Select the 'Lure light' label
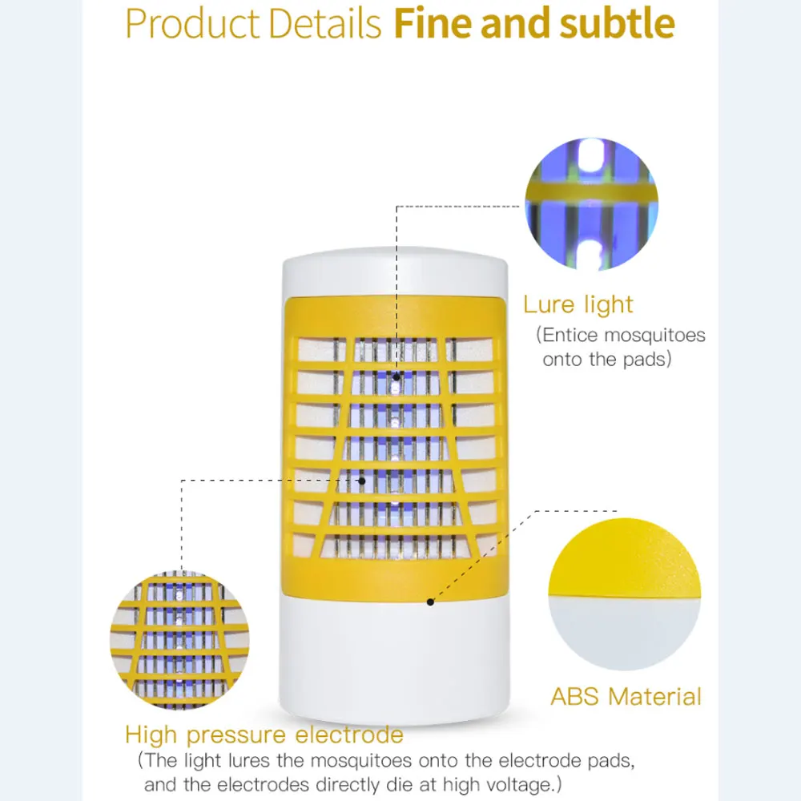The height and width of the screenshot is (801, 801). (578, 304)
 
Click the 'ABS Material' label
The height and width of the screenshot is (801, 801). (626, 696)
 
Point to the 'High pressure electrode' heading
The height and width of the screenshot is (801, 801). (264, 735)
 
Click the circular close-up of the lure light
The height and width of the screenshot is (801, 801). (591, 204)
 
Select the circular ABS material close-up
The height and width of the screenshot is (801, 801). (624, 597)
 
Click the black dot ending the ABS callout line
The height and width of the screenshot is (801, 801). (430, 601)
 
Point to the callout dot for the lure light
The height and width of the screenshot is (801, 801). (396, 373)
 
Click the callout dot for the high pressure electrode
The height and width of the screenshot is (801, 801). (362, 481)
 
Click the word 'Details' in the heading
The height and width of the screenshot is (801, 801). (329, 25)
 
